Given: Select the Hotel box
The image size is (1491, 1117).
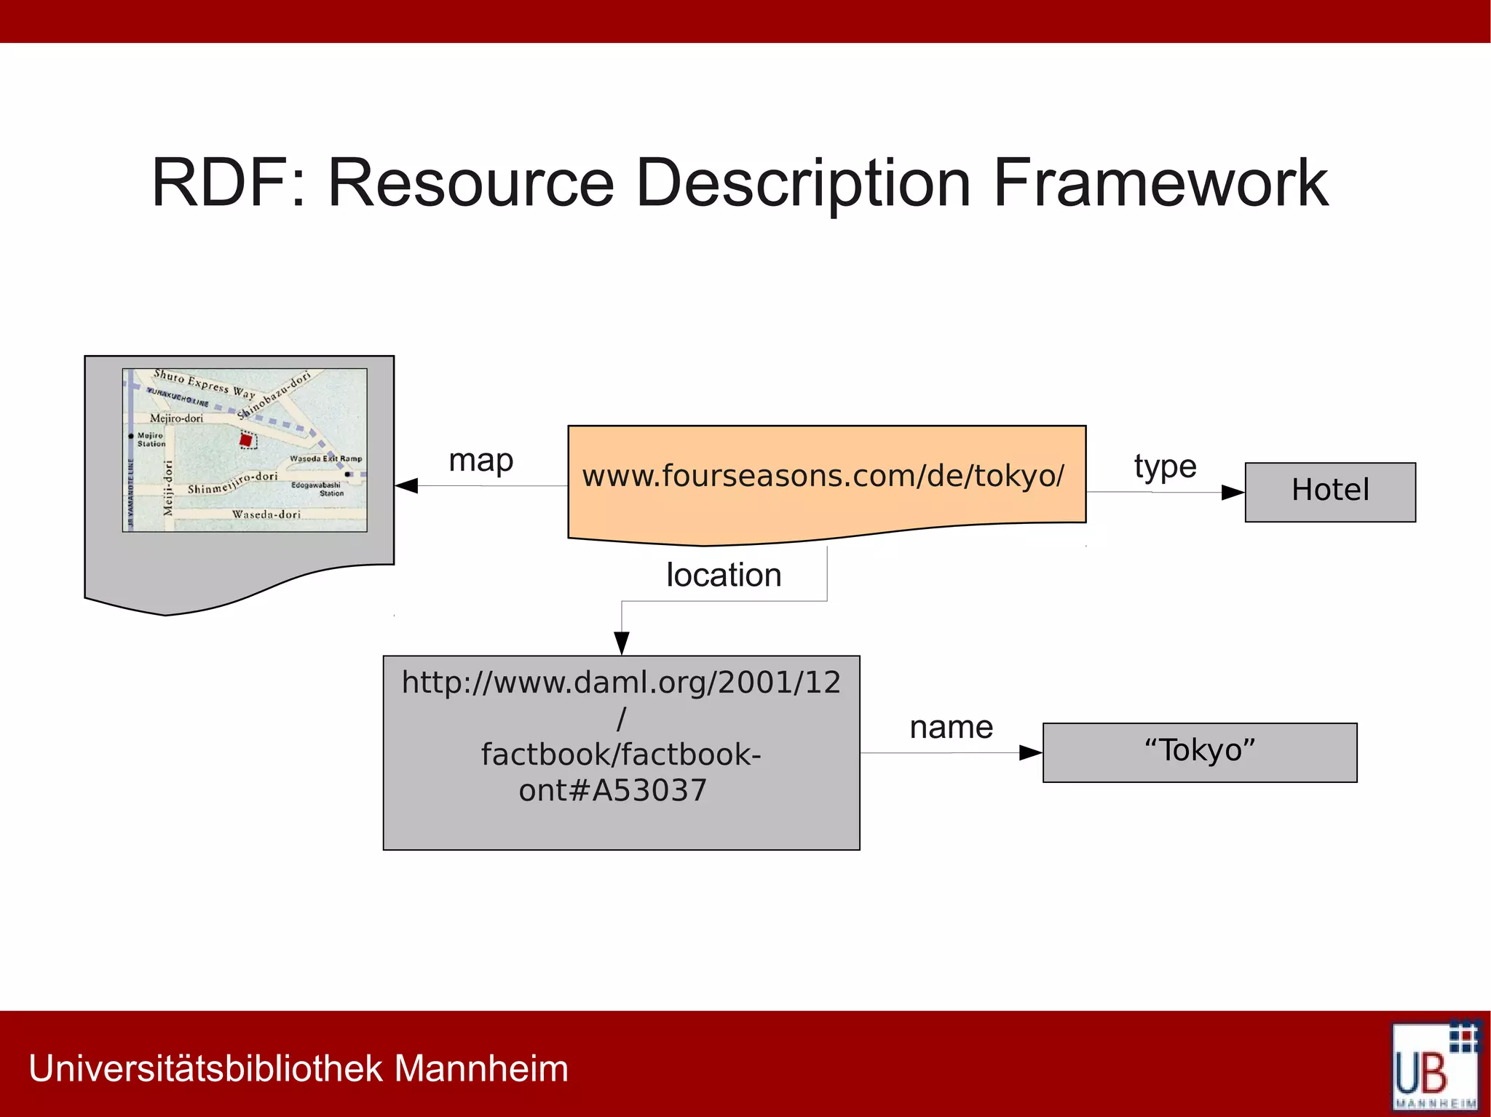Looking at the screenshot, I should tap(1330, 491).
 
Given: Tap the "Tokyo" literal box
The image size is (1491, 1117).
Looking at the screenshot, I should tap(1199, 752).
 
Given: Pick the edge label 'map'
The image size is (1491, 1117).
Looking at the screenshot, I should tap(480, 461).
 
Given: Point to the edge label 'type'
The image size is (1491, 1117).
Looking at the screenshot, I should tap(1165, 466).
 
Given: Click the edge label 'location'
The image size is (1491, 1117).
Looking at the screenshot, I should tap(723, 575).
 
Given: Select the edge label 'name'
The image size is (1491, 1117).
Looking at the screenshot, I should tap(951, 727).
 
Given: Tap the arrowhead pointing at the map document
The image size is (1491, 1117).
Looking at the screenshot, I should tap(406, 485).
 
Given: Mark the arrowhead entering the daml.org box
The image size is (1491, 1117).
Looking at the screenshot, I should tap(622, 643).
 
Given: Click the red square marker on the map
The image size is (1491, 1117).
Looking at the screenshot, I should tap(246, 440).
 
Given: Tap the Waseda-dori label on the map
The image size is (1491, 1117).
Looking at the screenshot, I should tap(266, 514).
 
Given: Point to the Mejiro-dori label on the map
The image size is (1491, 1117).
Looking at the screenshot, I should tap(176, 418).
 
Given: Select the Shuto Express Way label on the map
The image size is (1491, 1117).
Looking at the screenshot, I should tap(204, 383).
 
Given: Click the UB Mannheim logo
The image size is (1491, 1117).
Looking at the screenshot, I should tap(1435, 1065).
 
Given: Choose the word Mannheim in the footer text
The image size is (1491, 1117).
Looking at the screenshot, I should tap(481, 1068).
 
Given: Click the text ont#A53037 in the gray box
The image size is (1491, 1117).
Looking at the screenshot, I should tap(612, 790).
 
